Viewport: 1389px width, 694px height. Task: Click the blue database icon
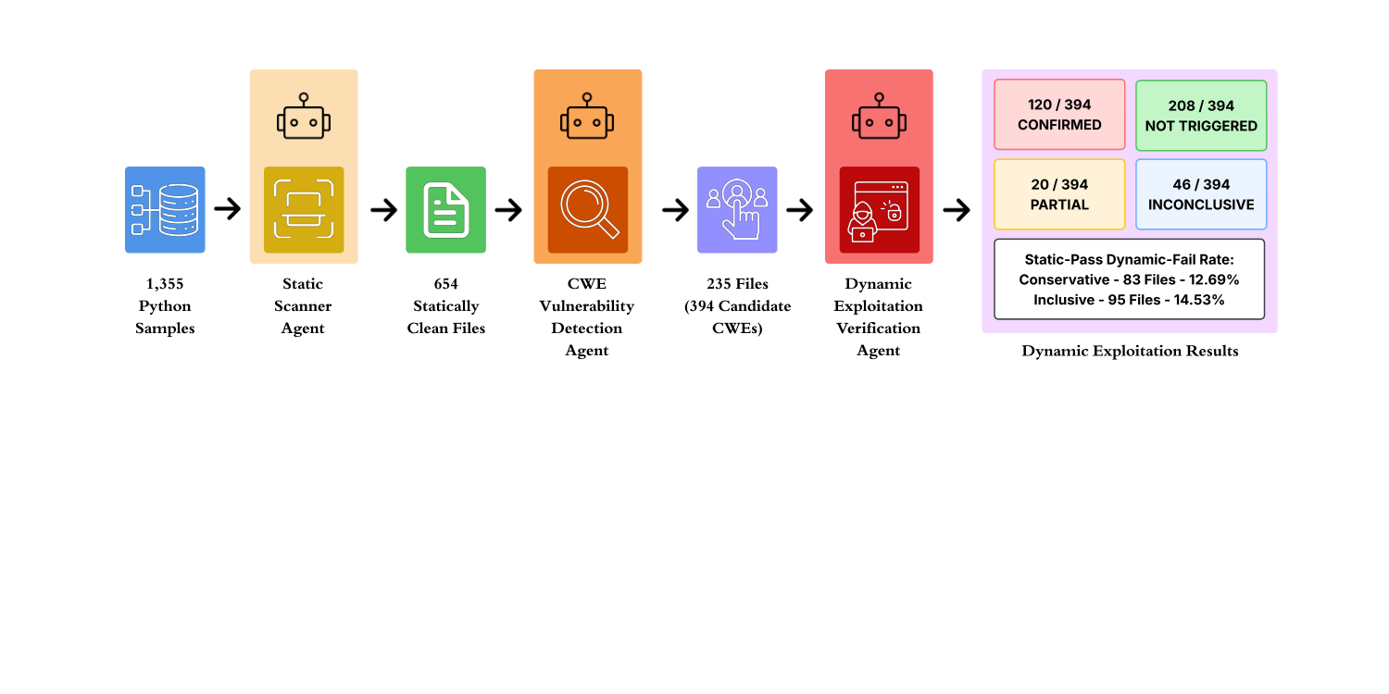[165, 209]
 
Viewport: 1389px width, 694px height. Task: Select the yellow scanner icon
[304, 209]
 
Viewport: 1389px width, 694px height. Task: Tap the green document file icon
[445, 209]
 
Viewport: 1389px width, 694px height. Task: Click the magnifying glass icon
[588, 209]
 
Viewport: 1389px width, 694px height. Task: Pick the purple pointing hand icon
[737, 209]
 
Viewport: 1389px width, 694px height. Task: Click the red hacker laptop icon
[880, 209]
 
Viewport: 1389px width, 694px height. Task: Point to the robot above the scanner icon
[304, 116]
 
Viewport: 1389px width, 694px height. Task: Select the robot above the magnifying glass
[587, 116]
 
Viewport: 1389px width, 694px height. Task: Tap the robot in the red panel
[880, 116]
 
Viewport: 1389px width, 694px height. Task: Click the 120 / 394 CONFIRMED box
[1059, 115]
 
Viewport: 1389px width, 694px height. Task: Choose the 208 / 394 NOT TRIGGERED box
[1201, 116]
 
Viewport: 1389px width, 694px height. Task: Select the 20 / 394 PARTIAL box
[1059, 194]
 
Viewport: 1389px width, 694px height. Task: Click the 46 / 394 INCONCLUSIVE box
[1201, 194]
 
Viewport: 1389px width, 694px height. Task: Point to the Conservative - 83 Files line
[1129, 279]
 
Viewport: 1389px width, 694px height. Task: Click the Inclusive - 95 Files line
[1129, 300]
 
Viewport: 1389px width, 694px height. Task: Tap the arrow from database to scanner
[228, 209]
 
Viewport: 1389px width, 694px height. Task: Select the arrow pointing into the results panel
[957, 209]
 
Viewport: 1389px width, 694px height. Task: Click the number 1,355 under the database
[165, 284]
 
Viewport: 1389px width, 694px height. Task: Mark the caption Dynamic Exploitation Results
[1130, 351]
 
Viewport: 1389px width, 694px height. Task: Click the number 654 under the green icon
[445, 284]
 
